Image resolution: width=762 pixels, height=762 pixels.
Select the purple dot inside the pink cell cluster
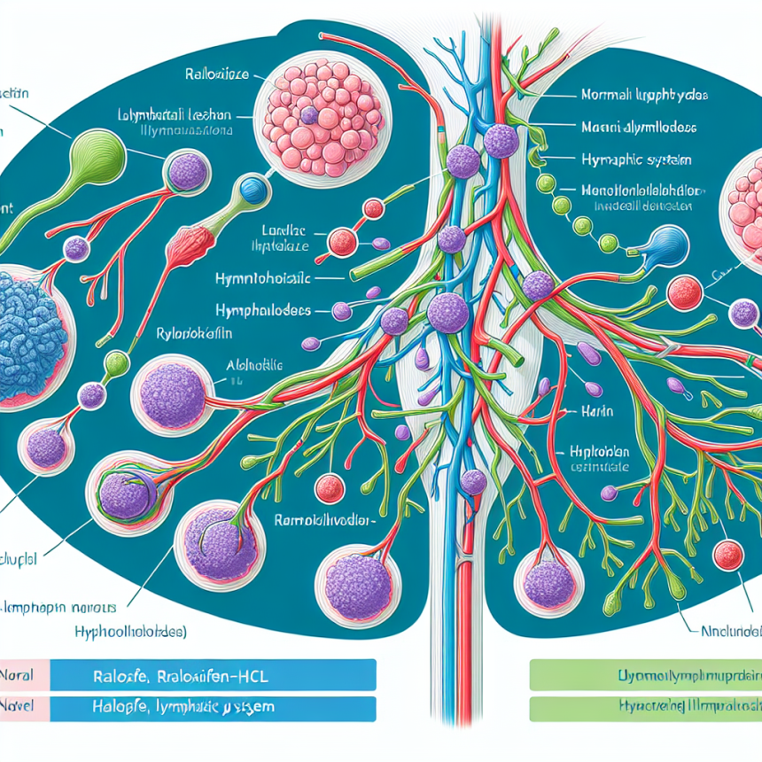[308, 116]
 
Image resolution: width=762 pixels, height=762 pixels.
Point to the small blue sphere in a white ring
[253, 188]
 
